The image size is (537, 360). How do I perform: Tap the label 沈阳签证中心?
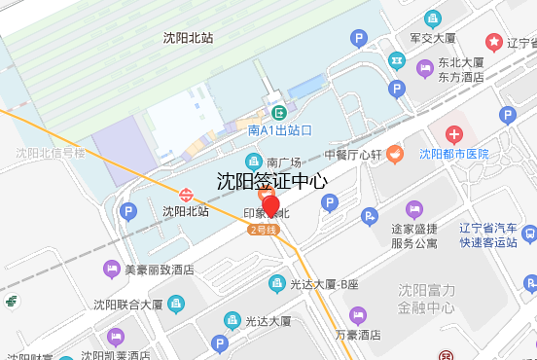coord(271,181)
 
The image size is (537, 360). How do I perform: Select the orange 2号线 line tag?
coord(264,230)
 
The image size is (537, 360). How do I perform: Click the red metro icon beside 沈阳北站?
coord(185,193)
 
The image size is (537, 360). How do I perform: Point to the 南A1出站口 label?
coord(280,130)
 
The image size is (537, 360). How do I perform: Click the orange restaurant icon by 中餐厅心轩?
coord(394,154)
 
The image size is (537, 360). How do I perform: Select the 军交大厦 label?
coord(432,38)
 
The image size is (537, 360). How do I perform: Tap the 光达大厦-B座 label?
coord(324,284)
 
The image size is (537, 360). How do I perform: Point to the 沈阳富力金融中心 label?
coord(426,299)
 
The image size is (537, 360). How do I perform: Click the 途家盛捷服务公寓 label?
coord(413,235)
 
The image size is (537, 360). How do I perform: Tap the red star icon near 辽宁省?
coord(495,43)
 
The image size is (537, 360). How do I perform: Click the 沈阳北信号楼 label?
coord(51,153)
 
